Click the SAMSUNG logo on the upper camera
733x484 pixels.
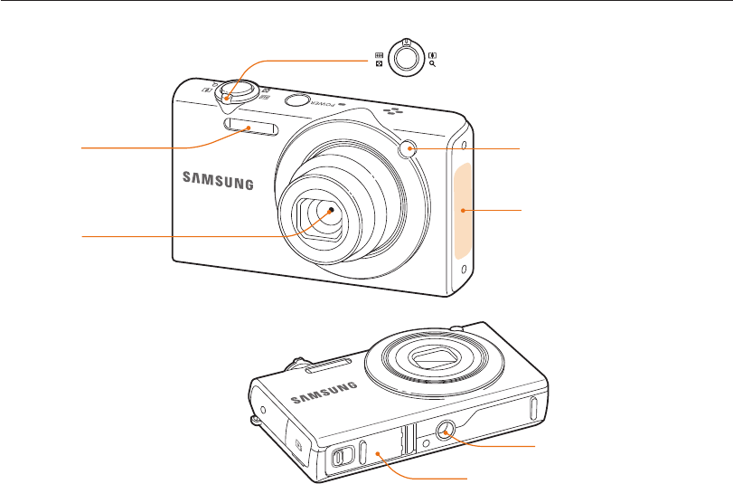220,179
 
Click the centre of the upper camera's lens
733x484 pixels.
333,210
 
